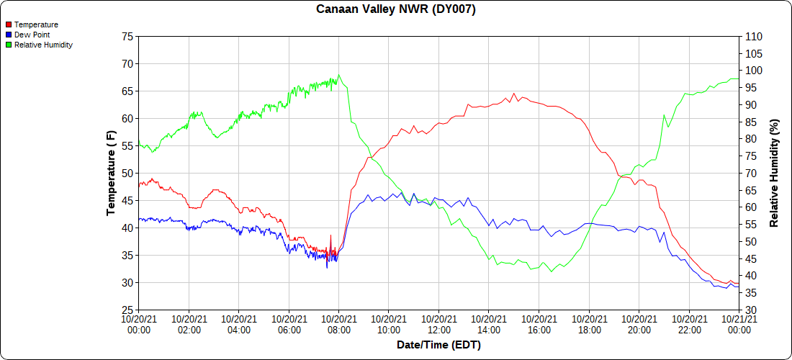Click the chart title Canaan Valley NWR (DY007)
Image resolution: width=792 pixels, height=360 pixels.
point(396,9)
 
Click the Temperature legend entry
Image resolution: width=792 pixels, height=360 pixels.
point(36,24)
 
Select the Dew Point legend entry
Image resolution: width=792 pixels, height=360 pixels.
point(33,35)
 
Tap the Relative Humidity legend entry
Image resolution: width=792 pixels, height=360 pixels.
point(43,45)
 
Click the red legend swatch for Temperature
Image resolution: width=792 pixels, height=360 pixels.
point(8,24)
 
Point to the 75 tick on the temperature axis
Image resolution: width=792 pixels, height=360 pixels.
point(127,36)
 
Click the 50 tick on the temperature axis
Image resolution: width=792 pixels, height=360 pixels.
point(127,173)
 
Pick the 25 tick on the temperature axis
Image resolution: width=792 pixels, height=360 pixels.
point(127,310)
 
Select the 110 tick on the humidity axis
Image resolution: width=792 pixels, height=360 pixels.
point(754,36)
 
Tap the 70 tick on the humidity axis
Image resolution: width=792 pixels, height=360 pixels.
point(751,173)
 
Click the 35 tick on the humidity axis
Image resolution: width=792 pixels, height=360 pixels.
point(751,293)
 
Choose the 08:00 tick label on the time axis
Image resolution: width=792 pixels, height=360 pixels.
point(338,324)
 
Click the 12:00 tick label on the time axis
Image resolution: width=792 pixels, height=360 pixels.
point(438,324)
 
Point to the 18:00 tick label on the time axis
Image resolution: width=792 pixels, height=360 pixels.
point(589,324)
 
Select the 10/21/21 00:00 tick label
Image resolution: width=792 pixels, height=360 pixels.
point(739,324)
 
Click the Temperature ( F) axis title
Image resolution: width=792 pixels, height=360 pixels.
point(111,173)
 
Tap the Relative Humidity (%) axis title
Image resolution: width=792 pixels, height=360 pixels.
point(775,173)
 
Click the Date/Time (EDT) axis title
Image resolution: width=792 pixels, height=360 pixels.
point(438,345)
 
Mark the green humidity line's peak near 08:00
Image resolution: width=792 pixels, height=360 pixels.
point(339,75)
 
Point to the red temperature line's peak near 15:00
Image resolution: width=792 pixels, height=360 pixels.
point(513,94)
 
